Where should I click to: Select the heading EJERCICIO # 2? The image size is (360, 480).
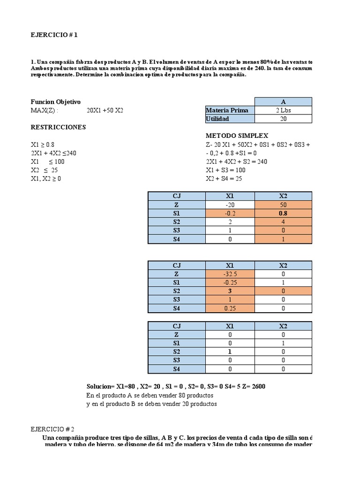pyautogui.click(x=52, y=428)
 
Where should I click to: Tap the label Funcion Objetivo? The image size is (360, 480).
pyautogui.click(x=56, y=102)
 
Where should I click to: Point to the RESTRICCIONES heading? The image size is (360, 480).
pyautogui.click(x=58, y=127)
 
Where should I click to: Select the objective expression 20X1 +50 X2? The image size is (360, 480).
pyautogui.click(x=105, y=111)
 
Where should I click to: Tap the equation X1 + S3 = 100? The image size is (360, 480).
pyautogui.click(x=225, y=170)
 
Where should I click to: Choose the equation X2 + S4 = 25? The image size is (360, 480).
pyautogui.click(x=224, y=179)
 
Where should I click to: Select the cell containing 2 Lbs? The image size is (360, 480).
pyautogui.click(x=283, y=111)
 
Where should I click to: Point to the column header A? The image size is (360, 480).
pyautogui.click(x=283, y=102)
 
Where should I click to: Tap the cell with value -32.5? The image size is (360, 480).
pyautogui.click(x=230, y=274)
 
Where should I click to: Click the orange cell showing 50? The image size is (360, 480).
pyautogui.click(x=283, y=205)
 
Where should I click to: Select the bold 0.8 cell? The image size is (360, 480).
pyautogui.click(x=283, y=213)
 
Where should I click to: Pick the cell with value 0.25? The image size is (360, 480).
pyautogui.click(x=230, y=308)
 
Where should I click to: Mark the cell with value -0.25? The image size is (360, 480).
pyautogui.click(x=230, y=283)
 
